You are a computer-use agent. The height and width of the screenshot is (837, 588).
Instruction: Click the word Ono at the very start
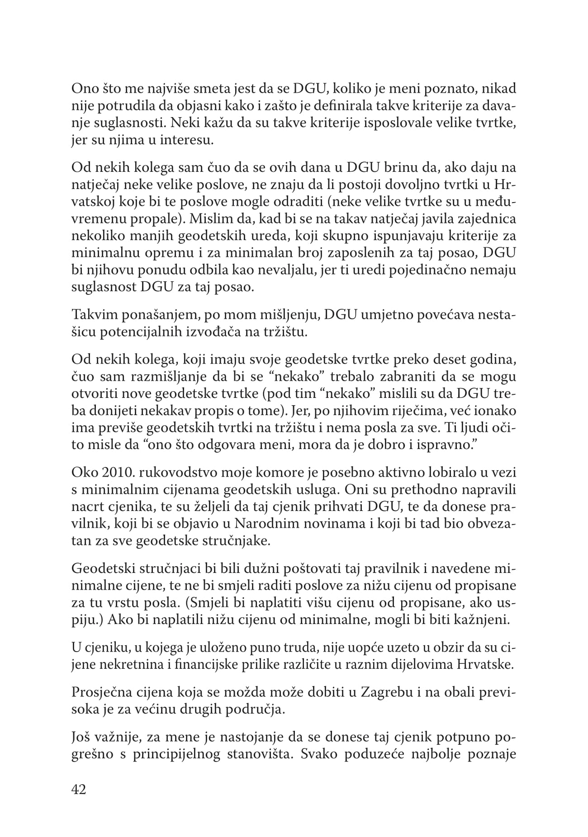[83, 89]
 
